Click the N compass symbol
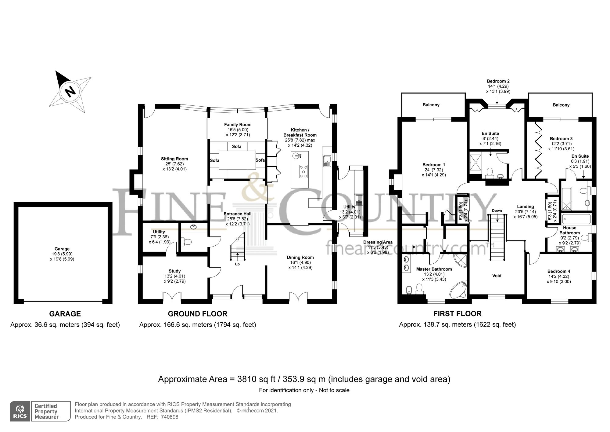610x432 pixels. [x=70, y=91]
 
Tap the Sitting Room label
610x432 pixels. [x=174, y=159]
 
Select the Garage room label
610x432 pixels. [x=62, y=249]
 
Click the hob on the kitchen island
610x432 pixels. [x=303, y=171]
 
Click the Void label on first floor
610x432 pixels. [x=497, y=276]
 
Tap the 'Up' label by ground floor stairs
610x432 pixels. [x=237, y=264]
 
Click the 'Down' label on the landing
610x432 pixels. [x=497, y=211]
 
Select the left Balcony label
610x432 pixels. [x=431, y=105]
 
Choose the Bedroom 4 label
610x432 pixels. [x=559, y=271]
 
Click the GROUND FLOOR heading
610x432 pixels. [x=198, y=314]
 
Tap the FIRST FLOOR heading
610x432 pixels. [x=457, y=314]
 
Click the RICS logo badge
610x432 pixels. [x=20, y=411]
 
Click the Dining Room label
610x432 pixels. [x=300, y=258]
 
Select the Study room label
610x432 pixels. [x=174, y=271]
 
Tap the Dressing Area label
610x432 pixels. [x=378, y=242]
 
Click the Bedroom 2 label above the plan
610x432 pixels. [x=498, y=81]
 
